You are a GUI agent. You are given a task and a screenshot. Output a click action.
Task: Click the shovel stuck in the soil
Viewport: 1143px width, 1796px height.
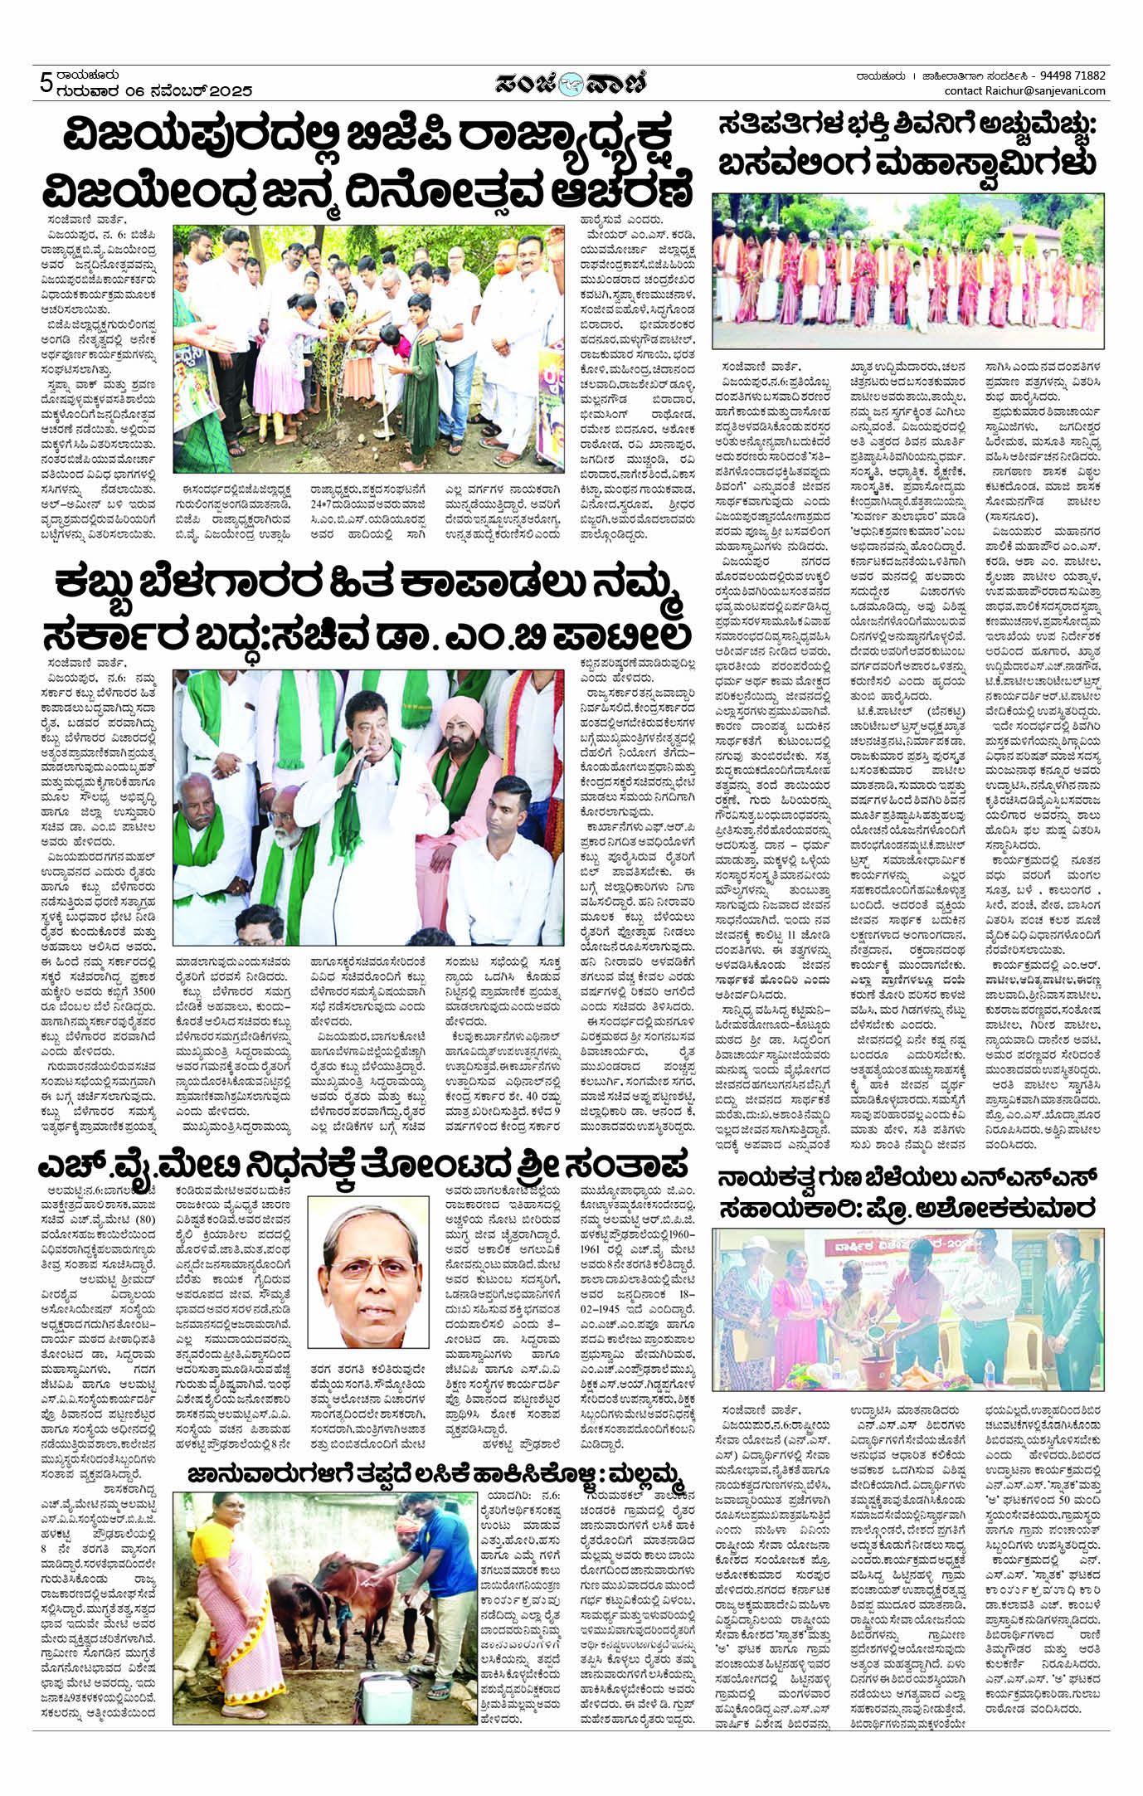click(387, 424)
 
